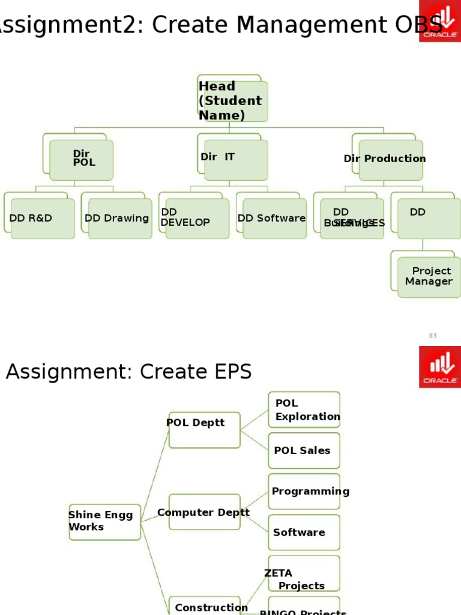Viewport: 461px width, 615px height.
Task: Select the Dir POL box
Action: pyautogui.click(x=81, y=160)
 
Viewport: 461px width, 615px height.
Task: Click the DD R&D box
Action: pyautogui.click(x=42, y=219)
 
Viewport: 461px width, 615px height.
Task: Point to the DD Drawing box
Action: pyautogui.click(x=119, y=219)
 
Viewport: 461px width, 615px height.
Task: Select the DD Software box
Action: pyautogui.click(x=274, y=219)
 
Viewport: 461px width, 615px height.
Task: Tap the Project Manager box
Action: pyautogui.click(x=429, y=277)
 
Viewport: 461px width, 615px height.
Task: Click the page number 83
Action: pyautogui.click(x=433, y=336)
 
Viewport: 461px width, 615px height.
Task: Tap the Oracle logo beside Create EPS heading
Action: pyautogui.click(x=440, y=366)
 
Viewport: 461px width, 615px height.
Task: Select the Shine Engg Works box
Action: pyautogui.click(x=104, y=521)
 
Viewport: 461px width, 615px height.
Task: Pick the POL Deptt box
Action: pyautogui.click(x=204, y=430)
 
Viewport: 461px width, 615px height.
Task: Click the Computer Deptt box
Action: pyautogui.click(x=204, y=512)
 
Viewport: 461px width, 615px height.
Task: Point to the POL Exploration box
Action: pyautogui.click(x=304, y=410)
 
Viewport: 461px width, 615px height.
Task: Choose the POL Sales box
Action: pyautogui.click(x=304, y=450)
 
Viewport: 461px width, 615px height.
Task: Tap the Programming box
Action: pyautogui.click(x=304, y=492)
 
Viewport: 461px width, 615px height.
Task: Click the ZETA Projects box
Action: pyautogui.click(x=304, y=574)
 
